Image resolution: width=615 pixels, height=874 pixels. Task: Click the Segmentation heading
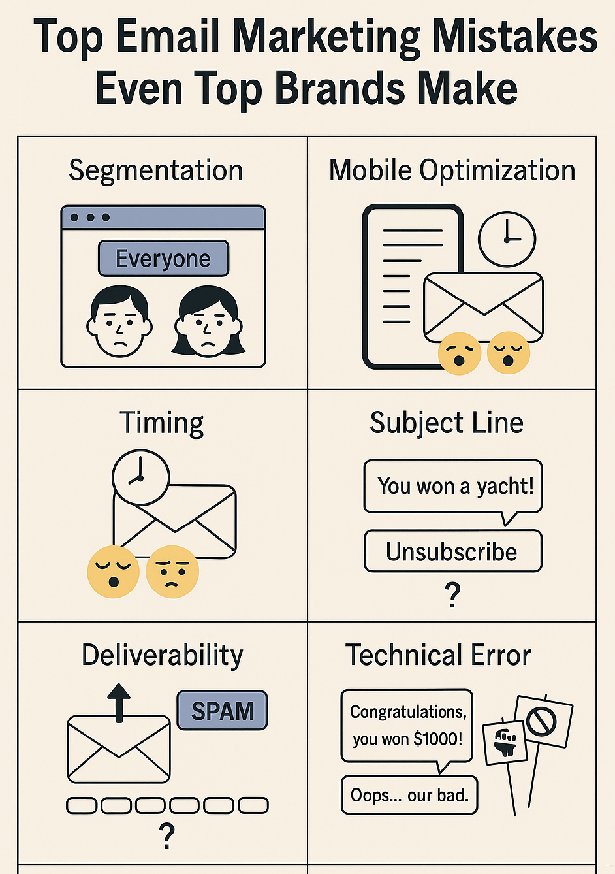155,171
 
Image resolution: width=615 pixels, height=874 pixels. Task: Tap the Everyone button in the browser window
163,258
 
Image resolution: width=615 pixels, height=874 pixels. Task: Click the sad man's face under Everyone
119,321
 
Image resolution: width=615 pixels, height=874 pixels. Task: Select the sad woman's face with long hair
208,321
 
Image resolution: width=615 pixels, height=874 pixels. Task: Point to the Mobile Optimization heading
452,171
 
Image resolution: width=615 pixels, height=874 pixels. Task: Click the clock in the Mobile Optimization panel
507,239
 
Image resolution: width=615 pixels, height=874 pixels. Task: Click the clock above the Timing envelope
141,477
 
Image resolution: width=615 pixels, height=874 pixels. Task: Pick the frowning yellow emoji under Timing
172,571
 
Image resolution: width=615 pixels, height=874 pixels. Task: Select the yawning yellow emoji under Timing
113,572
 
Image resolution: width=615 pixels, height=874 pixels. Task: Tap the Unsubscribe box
453,551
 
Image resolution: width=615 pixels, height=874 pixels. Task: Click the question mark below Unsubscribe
452,595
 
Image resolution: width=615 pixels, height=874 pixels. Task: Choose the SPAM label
222,711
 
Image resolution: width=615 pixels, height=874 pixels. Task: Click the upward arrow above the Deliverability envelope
119,703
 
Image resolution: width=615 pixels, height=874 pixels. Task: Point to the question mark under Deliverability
166,835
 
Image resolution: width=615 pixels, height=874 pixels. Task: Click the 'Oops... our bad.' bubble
409,795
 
